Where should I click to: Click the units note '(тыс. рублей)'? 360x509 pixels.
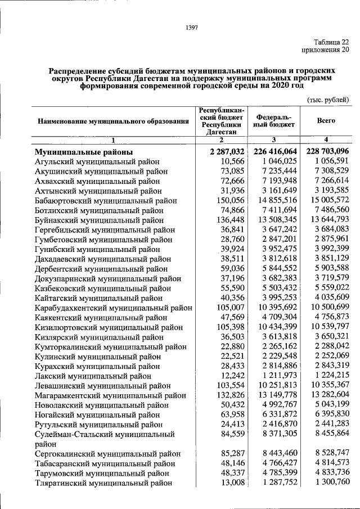point(328,100)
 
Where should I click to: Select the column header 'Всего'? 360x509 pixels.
point(326,120)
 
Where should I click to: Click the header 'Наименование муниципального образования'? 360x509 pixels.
point(113,120)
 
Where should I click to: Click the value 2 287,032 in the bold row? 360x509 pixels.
point(222,152)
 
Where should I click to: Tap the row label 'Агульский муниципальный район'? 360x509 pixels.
point(92,161)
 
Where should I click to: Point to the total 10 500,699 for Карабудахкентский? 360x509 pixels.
point(327,309)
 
